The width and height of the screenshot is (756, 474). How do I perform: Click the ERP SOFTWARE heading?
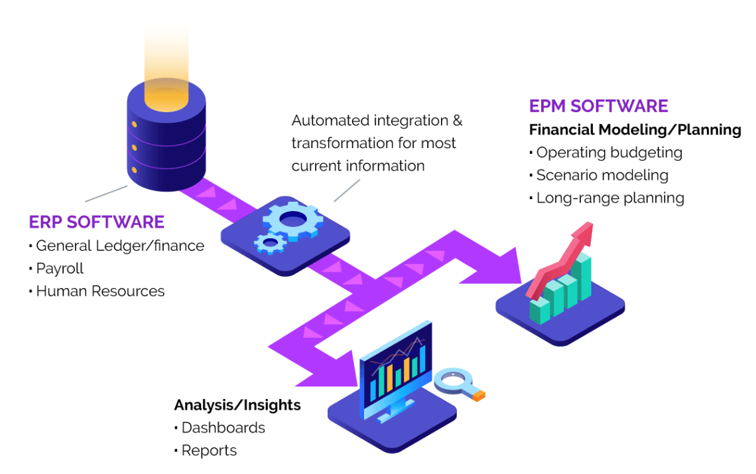(x=96, y=221)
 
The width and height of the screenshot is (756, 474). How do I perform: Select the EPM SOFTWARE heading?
(x=598, y=106)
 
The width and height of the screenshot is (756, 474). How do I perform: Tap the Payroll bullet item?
(x=60, y=268)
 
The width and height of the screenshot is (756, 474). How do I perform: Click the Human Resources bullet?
(x=100, y=291)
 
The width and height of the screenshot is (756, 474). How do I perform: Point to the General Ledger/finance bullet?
(x=119, y=246)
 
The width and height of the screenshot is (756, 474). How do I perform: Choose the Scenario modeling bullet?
(x=601, y=175)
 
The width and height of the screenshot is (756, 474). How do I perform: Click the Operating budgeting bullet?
(x=609, y=153)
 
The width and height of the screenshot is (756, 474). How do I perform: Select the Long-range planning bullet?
(x=609, y=198)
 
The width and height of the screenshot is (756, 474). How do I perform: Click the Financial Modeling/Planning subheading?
(x=635, y=129)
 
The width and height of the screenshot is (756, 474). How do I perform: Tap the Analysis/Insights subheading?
(x=237, y=405)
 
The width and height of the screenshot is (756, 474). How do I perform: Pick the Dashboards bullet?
(x=223, y=428)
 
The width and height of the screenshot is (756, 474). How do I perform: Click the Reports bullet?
(x=209, y=450)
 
